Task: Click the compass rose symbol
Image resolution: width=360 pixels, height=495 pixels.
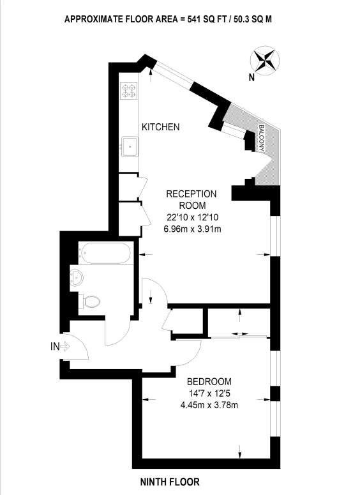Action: tap(265, 59)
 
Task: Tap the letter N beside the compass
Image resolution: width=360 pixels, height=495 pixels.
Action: tap(251, 77)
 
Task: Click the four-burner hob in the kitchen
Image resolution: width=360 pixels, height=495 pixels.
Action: tap(130, 91)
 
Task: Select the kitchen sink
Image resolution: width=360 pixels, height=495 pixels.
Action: tap(130, 147)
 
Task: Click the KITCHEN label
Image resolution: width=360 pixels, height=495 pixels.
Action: tap(161, 127)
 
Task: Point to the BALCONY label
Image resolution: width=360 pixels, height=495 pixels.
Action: tap(261, 138)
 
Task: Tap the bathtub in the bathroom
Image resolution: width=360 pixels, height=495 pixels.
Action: tap(104, 253)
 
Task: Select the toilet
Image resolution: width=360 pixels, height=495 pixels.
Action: tap(89, 301)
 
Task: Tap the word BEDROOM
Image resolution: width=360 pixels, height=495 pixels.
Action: tap(209, 382)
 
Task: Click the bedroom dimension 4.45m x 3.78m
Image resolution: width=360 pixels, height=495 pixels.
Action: tap(209, 405)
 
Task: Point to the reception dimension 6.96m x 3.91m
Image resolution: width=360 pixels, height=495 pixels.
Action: tap(192, 229)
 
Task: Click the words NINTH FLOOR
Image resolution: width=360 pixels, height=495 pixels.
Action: tap(170, 482)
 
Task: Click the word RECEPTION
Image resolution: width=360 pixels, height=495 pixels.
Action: tap(191, 194)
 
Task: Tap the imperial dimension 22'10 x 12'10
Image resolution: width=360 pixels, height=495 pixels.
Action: tap(193, 217)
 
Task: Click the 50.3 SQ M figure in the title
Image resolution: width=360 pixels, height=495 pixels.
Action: tap(252, 19)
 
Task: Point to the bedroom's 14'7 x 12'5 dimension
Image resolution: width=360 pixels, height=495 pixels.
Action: tap(209, 393)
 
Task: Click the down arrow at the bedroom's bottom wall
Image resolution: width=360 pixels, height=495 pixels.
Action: tap(240, 452)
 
